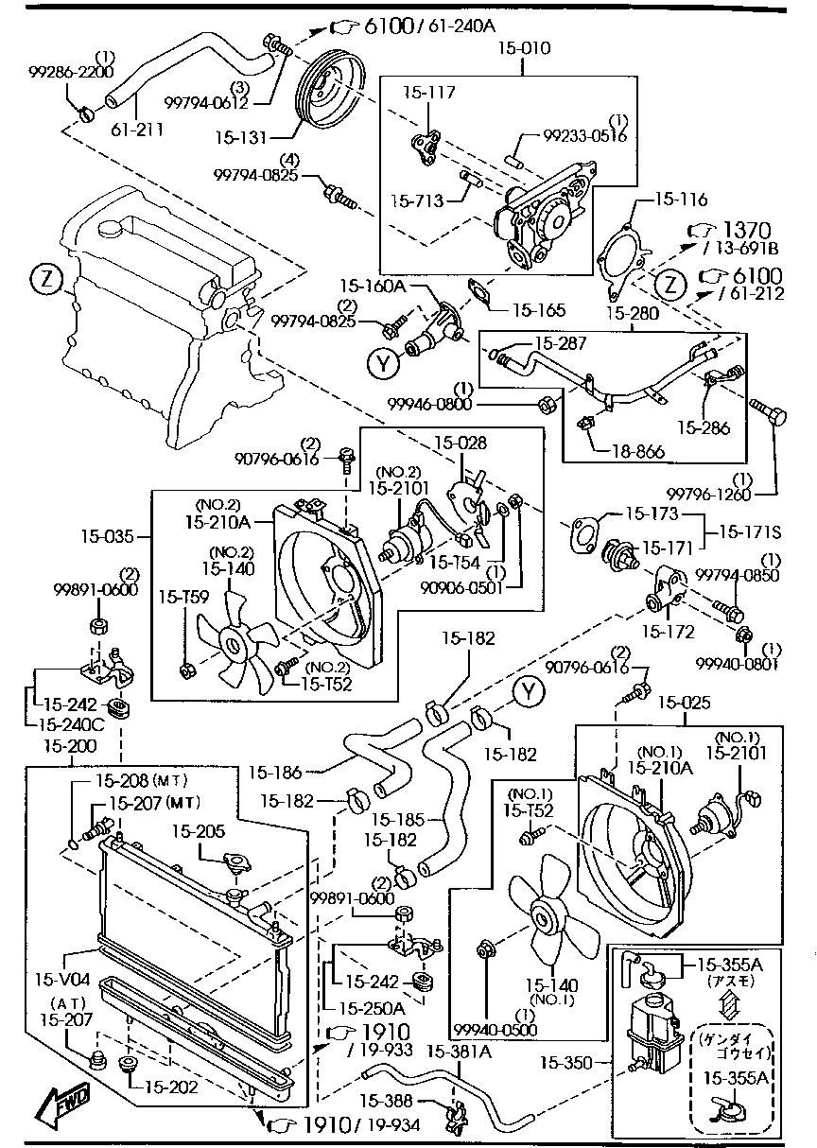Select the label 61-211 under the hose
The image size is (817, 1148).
point(136,129)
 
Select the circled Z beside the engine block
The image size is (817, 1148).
point(44,280)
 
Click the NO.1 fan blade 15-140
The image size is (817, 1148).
point(550,916)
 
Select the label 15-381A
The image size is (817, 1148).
point(459,1051)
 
